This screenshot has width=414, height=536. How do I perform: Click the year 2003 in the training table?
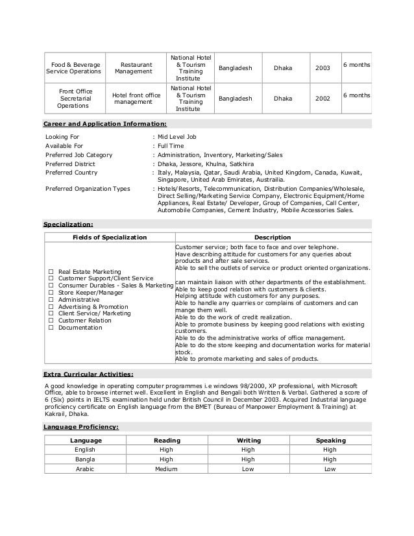(322, 67)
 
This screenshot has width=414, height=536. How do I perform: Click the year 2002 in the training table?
(322, 99)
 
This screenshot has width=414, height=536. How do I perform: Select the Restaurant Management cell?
(133, 68)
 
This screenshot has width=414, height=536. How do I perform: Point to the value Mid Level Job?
(177, 137)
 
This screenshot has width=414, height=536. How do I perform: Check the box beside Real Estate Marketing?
(51, 271)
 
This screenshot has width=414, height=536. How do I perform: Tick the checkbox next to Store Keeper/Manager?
(51, 293)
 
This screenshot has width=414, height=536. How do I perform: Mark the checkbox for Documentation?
(51, 328)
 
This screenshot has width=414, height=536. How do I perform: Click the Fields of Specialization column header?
(109, 238)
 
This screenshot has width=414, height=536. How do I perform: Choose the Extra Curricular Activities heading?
(97, 374)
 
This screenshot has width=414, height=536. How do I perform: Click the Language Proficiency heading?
(80, 427)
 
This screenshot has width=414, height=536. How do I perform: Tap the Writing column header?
(247, 441)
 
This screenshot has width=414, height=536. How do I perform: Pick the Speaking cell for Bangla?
(330, 459)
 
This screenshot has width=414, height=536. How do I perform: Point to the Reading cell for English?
(166, 450)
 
